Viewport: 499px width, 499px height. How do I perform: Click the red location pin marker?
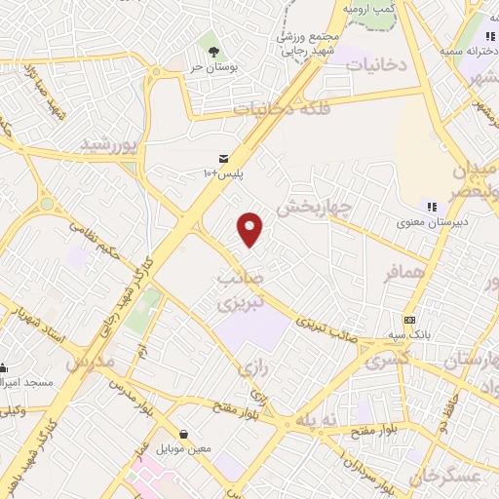251,230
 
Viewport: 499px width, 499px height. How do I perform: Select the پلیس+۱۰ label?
223,173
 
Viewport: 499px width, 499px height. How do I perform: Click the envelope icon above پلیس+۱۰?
223,157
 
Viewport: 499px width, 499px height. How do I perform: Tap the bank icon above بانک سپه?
409,320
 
